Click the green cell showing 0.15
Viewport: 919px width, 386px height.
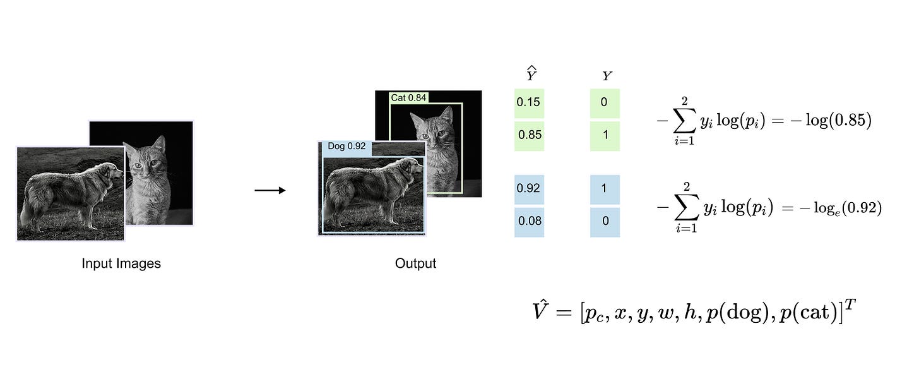pyautogui.click(x=529, y=102)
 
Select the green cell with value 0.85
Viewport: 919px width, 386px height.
pyautogui.click(x=529, y=135)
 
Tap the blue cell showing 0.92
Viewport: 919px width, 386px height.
pyautogui.click(x=529, y=188)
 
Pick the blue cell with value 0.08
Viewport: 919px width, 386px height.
pyautogui.click(x=529, y=222)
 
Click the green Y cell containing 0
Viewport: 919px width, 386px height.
pyautogui.click(x=605, y=102)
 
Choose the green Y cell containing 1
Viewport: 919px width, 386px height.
pyautogui.click(x=605, y=135)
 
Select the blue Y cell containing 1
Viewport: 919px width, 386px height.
pyautogui.click(x=605, y=188)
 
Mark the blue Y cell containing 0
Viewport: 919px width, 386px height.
pyautogui.click(x=605, y=222)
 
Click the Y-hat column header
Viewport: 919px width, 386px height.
pyautogui.click(x=531, y=75)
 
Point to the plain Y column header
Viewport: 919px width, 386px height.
pyautogui.click(x=607, y=76)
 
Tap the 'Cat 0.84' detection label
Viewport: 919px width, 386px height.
pyautogui.click(x=408, y=97)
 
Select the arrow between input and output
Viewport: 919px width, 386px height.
pyautogui.click(x=270, y=190)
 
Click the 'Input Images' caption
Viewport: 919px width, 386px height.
pyautogui.click(x=121, y=263)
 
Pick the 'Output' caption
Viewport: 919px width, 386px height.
pyautogui.click(x=415, y=263)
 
